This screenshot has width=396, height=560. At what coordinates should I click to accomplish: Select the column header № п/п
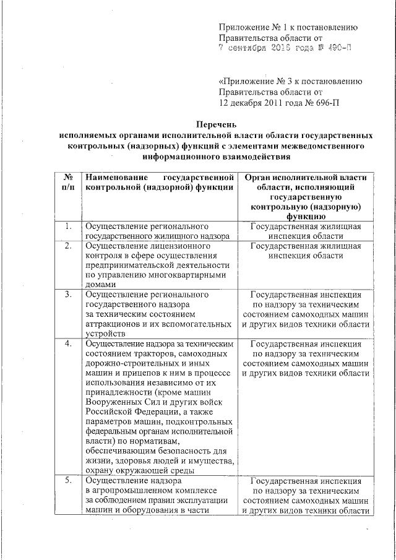pos(68,183)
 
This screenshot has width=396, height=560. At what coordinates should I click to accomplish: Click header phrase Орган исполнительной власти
pos(306,178)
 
